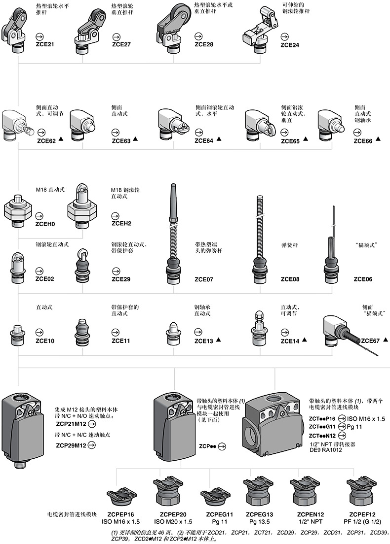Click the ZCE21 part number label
click(45, 44)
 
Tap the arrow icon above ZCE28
click(199, 36)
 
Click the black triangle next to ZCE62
click(61, 140)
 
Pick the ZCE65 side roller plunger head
click(259, 124)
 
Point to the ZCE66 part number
click(365, 141)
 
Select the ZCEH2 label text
click(121, 224)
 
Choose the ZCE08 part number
click(290, 279)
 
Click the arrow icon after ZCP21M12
click(92, 423)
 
